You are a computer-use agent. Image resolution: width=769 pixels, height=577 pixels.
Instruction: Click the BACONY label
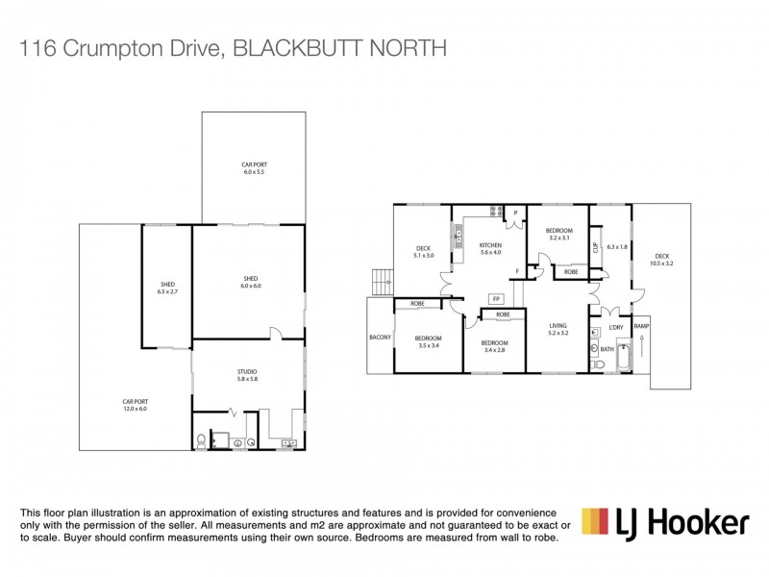click(379, 338)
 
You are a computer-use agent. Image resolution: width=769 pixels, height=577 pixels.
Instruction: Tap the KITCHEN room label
click(490, 247)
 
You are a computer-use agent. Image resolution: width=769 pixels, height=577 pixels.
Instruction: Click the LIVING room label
click(559, 326)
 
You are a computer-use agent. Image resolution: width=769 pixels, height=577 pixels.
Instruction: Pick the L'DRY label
click(616, 328)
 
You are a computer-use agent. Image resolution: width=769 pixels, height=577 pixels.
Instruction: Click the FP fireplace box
click(496, 298)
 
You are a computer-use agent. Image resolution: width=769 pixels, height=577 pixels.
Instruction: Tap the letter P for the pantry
click(515, 213)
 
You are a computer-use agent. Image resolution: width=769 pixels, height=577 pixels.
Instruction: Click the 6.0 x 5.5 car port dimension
click(253, 172)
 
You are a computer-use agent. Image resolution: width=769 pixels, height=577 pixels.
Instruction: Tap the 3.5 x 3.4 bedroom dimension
click(429, 345)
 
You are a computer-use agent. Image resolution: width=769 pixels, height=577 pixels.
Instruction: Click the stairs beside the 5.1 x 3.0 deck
click(381, 281)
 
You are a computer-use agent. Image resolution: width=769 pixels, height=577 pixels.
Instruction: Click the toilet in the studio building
click(200, 441)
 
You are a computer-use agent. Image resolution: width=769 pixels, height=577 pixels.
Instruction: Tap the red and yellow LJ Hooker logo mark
click(594, 521)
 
